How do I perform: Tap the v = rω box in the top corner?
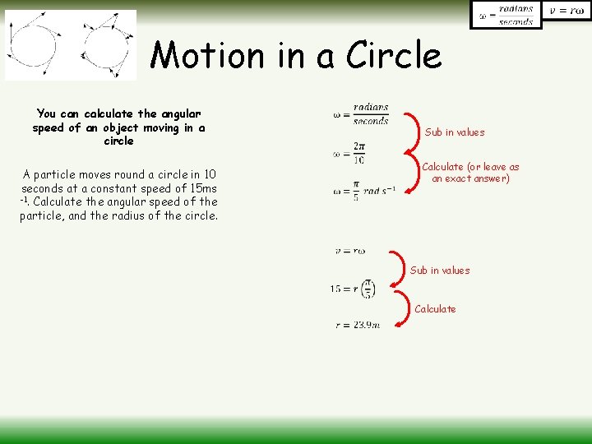(567, 11)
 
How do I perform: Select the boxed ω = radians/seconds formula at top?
(506, 15)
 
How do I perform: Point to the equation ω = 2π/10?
(349, 153)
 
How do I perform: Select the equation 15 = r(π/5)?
(353, 289)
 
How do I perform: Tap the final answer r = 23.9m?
(358, 326)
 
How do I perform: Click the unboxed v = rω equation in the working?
(349, 251)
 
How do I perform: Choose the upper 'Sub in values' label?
(455, 132)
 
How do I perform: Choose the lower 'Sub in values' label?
(440, 271)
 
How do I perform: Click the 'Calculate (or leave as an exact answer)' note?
(470, 173)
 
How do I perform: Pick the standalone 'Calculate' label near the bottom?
(435, 309)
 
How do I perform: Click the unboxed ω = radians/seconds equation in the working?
(361, 114)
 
